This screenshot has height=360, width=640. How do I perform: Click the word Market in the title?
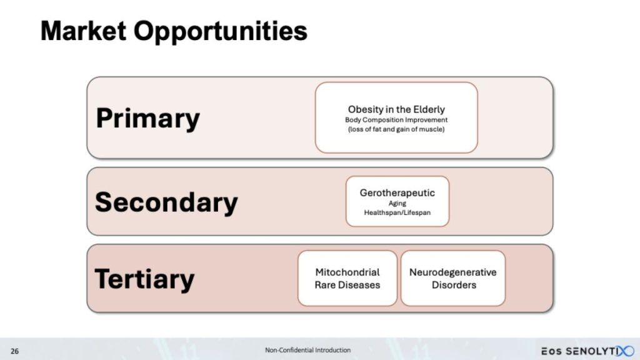coord(84,31)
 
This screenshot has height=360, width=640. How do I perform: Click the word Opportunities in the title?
coord(221,32)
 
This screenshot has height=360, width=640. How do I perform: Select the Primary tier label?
coord(147,119)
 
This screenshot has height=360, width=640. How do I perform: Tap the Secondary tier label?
coord(166,202)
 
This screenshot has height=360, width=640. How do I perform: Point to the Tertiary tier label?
coord(144,279)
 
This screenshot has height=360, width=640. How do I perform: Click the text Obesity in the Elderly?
coord(396,109)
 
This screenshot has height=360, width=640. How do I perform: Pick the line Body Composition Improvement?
coord(396,120)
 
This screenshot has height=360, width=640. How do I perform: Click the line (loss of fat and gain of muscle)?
coord(396,129)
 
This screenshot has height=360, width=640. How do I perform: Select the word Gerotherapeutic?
coord(397,193)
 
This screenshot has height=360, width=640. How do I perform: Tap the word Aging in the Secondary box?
coord(397,204)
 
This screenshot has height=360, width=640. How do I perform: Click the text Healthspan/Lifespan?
coord(397,212)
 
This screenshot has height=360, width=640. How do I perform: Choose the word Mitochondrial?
coord(347,272)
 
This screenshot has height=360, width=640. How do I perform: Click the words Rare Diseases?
coord(347,285)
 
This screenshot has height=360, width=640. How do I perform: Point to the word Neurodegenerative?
coord(453,272)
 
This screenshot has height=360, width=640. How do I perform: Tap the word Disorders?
coord(454,285)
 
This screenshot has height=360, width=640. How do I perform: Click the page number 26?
coord(15,351)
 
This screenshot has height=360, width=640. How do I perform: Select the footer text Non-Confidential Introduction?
coord(307,350)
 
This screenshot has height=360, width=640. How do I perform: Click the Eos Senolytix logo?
coord(587,351)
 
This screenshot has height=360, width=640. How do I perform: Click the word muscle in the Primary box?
coord(434,129)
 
